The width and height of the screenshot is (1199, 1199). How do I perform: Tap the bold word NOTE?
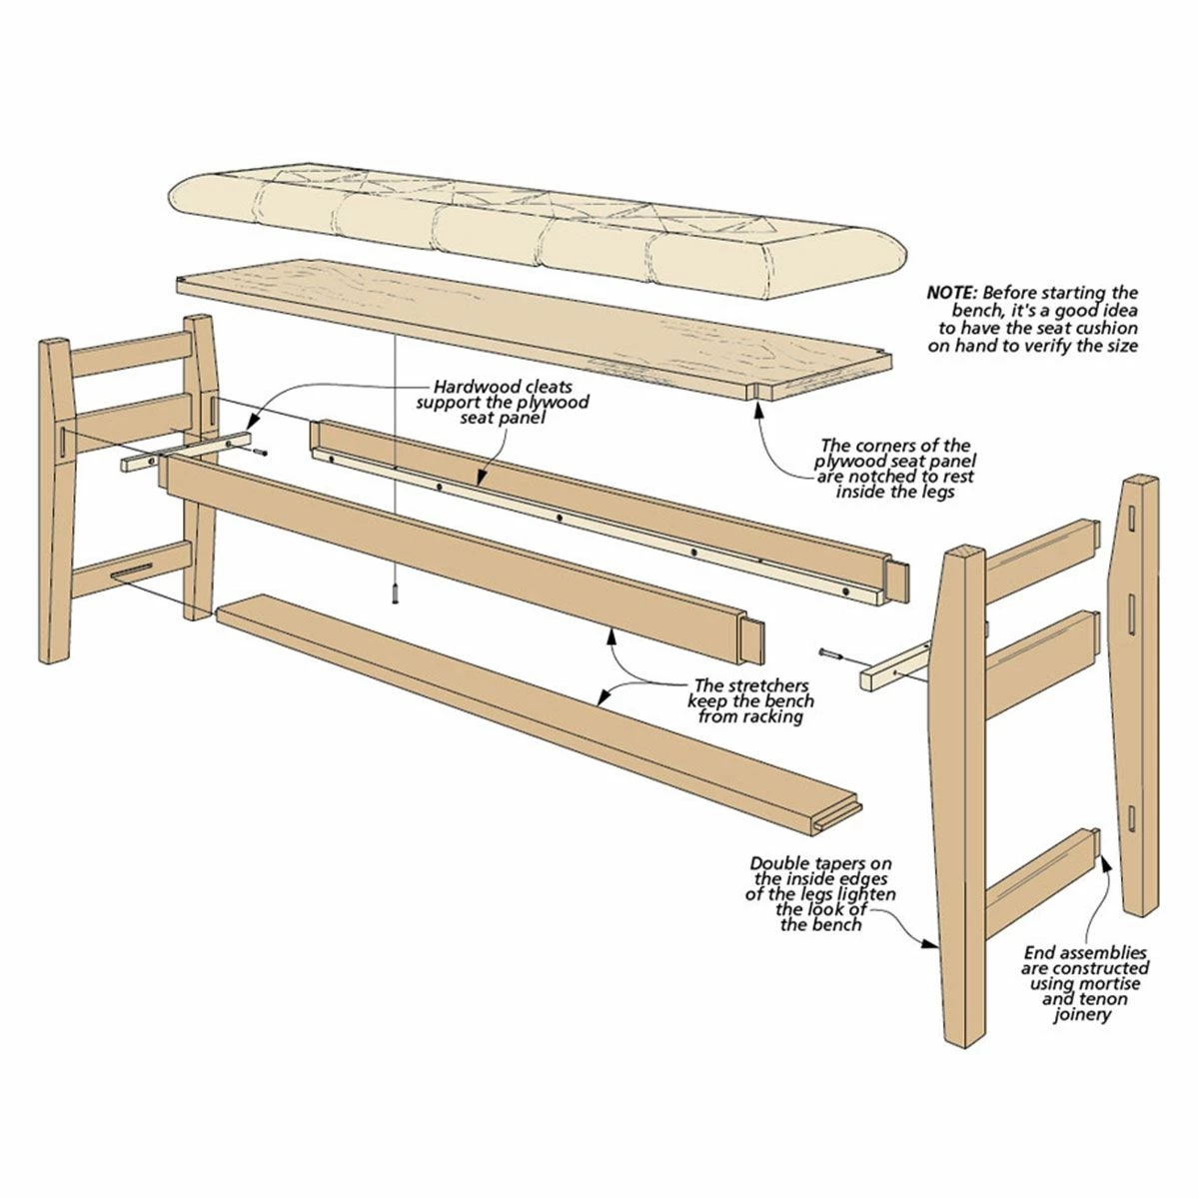coord(952,293)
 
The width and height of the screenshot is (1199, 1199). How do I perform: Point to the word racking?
coord(765,716)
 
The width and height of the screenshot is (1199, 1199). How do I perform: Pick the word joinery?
coord(1082,1014)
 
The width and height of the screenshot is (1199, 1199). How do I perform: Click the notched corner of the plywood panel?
coord(757,389)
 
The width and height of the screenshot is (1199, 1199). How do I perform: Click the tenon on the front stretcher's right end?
coord(752,639)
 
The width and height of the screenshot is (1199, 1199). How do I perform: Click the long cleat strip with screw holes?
coord(599,529)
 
